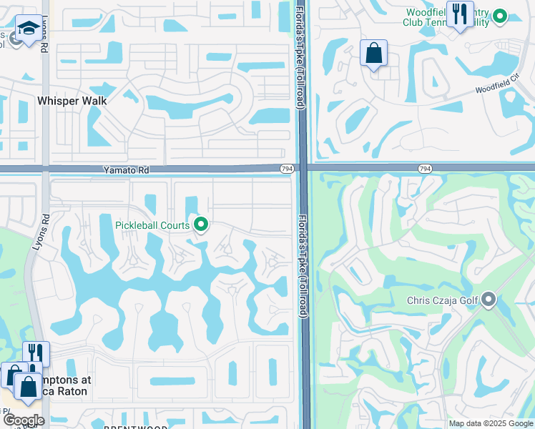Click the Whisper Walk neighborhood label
click(x=72, y=101)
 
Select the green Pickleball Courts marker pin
click(x=201, y=225)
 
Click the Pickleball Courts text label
click(x=152, y=225)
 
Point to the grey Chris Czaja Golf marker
click(x=489, y=300)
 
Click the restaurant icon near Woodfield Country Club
click(x=458, y=14)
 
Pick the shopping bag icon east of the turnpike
click(x=373, y=53)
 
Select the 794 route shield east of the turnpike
click(x=425, y=168)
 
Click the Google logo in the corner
click(x=24, y=420)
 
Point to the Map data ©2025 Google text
click(x=491, y=423)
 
